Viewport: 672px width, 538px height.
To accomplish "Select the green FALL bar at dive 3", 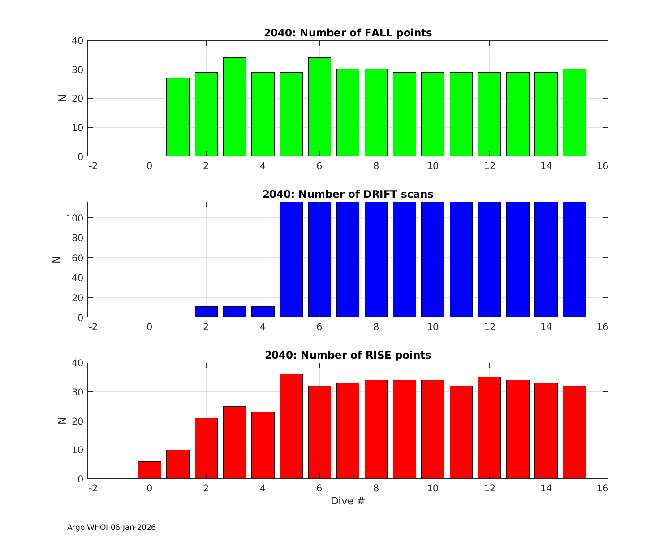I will (x=234, y=107).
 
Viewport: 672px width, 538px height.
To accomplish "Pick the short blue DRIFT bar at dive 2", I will (x=206, y=312).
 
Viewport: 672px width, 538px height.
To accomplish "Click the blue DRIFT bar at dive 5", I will (x=291, y=260).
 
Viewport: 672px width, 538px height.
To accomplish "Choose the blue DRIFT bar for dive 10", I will (x=433, y=260).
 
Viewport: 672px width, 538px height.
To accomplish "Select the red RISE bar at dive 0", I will (x=150, y=470).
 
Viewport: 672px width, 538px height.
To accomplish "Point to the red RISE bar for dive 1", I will (x=178, y=464).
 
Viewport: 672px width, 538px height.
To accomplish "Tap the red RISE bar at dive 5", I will (x=291, y=426).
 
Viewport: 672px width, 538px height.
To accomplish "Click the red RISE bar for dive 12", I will (x=489, y=428).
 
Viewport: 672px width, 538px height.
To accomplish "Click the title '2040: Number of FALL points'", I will (x=348, y=33).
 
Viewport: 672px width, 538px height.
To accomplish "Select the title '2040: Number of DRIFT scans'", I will (x=348, y=194).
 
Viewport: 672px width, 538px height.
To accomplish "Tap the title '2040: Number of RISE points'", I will (x=348, y=355).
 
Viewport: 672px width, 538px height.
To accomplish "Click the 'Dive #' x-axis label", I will (x=348, y=501).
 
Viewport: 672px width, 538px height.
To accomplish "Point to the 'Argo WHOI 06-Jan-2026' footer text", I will (x=112, y=527).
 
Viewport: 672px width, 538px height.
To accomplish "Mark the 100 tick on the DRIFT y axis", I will (x=77, y=218).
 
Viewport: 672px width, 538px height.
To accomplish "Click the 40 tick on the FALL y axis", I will (x=78, y=41).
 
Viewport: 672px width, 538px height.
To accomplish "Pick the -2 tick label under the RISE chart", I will (x=93, y=488).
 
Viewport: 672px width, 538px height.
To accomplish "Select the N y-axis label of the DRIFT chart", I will (x=57, y=259).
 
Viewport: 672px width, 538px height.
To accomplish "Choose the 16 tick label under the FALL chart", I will (x=603, y=166).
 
